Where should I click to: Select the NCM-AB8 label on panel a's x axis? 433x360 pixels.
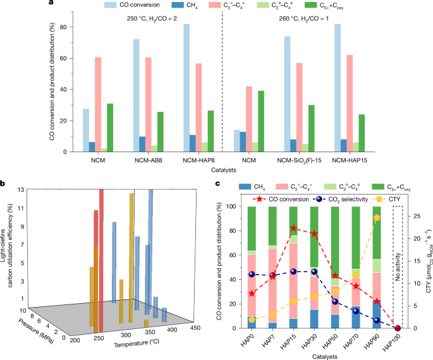(147, 161)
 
